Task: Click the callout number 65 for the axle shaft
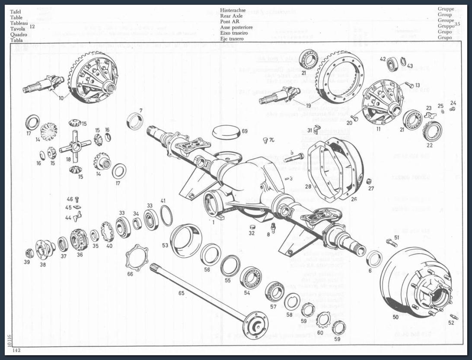pyautogui.click(x=181, y=293)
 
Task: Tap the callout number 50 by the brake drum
pyautogui.click(x=395, y=317)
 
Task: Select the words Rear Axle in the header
pyautogui.click(x=231, y=16)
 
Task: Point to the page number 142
pyautogui.click(x=16, y=350)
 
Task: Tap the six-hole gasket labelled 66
pyautogui.click(x=137, y=258)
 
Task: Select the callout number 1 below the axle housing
pyautogui.click(x=213, y=222)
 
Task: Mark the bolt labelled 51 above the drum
pyautogui.click(x=391, y=242)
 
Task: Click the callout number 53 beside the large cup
pyautogui.click(x=165, y=245)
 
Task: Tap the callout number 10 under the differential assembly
pyautogui.click(x=61, y=98)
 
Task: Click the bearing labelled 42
pyautogui.click(x=393, y=64)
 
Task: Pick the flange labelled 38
pyautogui.click(x=45, y=248)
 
